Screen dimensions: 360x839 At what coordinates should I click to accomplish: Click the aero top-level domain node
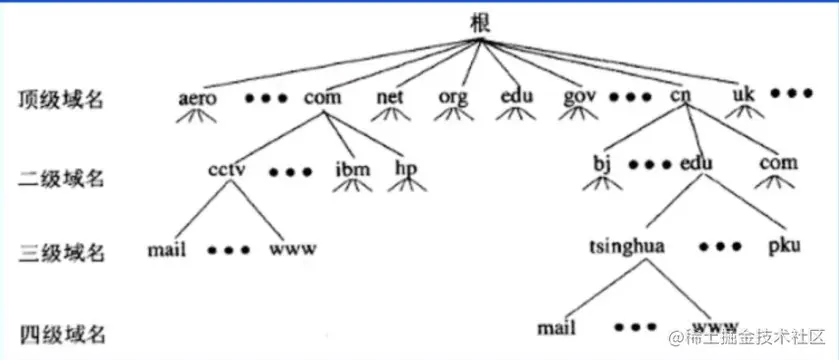pos(196,98)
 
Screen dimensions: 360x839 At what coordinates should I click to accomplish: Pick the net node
pos(389,98)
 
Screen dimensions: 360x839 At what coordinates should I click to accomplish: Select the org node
pos(452,98)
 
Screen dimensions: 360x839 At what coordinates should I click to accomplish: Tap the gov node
pos(580,98)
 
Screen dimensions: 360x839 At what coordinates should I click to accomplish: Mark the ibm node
pos(351,167)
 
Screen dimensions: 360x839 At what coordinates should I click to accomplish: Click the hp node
pos(405,167)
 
